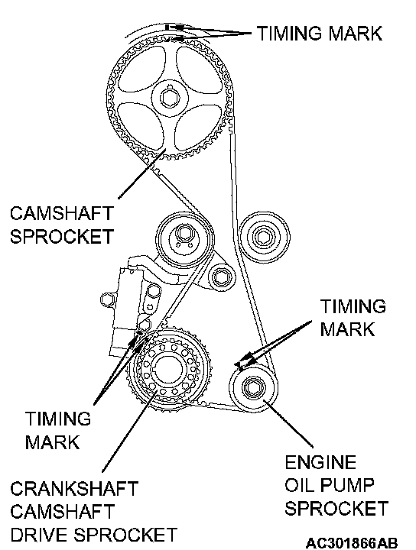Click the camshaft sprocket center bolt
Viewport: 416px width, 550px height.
(x=171, y=98)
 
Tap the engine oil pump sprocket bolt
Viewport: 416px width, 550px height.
(x=253, y=387)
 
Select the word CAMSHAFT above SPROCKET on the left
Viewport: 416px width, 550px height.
(x=62, y=213)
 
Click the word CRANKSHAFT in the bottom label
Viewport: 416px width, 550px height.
(x=74, y=489)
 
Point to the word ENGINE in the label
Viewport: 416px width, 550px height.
(x=320, y=462)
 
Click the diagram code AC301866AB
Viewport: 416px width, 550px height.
(x=352, y=542)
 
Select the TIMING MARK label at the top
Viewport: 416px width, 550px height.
(x=320, y=34)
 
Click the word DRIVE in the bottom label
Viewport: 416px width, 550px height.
(x=38, y=535)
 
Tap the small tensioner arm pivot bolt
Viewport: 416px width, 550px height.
(x=222, y=277)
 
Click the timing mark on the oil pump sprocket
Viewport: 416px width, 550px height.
(x=240, y=366)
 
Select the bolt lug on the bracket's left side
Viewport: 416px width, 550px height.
(x=106, y=300)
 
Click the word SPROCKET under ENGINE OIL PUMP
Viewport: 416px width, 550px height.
(x=336, y=508)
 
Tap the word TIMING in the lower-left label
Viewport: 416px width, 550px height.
(x=58, y=419)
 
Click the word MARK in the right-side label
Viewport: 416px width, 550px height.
(x=347, y=329)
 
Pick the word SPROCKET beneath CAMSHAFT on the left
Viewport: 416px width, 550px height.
(x=62, y=236)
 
